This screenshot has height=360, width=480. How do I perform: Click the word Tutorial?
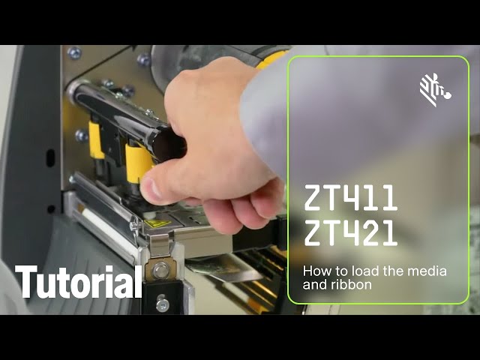[78, 282]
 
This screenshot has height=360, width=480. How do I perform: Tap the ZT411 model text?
[351, 198]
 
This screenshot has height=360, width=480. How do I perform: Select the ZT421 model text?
[351, 233]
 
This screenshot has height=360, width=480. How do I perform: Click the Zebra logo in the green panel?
[435, 90]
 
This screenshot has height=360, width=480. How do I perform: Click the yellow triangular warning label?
[157, 223]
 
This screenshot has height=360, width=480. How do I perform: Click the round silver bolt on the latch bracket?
[160, 270]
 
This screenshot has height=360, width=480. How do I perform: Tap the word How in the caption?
[314, 271]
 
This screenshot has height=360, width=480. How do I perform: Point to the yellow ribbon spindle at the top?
[270, 59]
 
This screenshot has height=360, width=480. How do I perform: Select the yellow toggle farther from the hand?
[95, 140]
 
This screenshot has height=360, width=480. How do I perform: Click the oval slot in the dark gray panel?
[50, 157]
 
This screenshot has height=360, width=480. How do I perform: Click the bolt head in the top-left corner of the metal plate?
[74, 53]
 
